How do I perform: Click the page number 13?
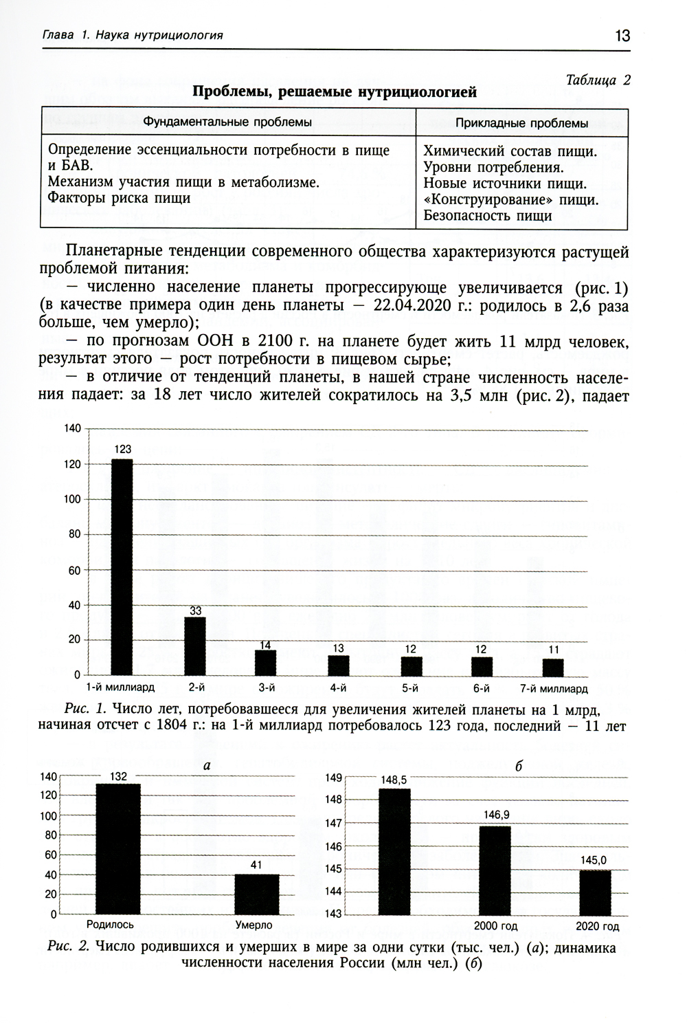622,36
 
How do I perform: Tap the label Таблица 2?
597,80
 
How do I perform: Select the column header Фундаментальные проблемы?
227,122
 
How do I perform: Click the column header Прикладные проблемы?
522,123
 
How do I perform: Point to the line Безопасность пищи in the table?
488,216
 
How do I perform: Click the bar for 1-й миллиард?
122,566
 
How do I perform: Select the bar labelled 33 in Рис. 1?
195,646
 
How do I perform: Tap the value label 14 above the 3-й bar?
265,645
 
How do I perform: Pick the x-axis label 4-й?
337,688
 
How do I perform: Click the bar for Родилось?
118,848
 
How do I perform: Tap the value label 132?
118,777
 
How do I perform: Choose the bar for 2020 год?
595,892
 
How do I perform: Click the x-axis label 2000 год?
495,926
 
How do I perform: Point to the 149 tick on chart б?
333,778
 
